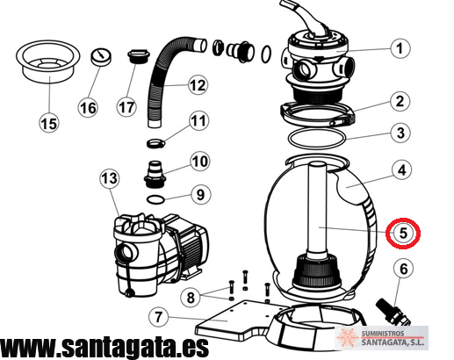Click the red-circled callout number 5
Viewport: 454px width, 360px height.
[x=403, y=234]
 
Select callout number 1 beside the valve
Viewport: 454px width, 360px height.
[x=400, y=48]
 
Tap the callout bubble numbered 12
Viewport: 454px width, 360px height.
[x=198, y=85]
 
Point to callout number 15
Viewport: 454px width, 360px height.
[x=49, y=123]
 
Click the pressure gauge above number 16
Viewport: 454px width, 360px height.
[x=101, y=58]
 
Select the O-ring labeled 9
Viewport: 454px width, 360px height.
[x=155, y=199]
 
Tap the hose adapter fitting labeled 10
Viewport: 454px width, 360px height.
[x=155, y=175]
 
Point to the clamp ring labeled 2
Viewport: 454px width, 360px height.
[x=318, y=115]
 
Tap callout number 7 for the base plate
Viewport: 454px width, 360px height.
[x=158, y=317]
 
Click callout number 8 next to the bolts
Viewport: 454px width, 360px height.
[x=191, y=298]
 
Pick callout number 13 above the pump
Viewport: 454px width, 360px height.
[x=110, y=178]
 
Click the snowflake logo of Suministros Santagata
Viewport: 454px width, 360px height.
[x=348, y=337]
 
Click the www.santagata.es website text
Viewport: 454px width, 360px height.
[x=104, y=348]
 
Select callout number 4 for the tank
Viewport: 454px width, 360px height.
[x=402, y=170]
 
